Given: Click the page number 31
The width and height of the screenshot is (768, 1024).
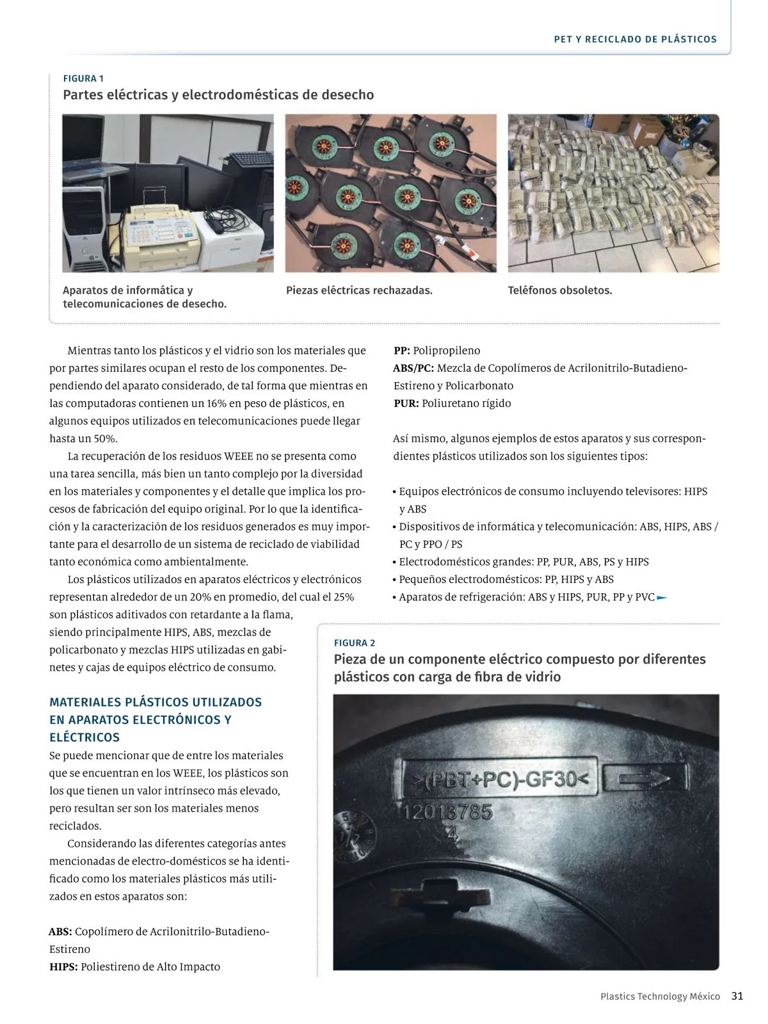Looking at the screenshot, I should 737,996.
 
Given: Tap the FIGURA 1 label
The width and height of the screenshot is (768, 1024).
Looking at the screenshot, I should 83,79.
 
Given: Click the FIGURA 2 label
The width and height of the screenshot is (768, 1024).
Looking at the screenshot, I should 355,643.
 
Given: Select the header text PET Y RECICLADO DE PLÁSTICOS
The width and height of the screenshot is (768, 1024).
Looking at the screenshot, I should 635,39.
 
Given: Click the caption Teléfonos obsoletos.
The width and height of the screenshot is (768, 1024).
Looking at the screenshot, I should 560,291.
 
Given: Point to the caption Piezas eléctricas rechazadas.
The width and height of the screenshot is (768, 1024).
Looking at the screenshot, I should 359,291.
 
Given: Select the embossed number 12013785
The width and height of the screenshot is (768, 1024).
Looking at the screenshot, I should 448,812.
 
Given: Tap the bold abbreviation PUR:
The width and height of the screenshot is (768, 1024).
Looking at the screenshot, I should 406,403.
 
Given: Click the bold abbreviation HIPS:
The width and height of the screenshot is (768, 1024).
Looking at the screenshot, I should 63,967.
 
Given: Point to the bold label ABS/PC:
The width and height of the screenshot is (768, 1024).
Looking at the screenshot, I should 413,368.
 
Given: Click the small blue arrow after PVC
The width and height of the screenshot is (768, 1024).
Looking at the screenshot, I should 662,598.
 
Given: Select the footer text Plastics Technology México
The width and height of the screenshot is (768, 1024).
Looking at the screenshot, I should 660,996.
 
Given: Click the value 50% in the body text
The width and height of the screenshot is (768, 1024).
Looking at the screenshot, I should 106,438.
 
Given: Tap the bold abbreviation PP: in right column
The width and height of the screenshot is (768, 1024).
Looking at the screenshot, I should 401,351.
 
